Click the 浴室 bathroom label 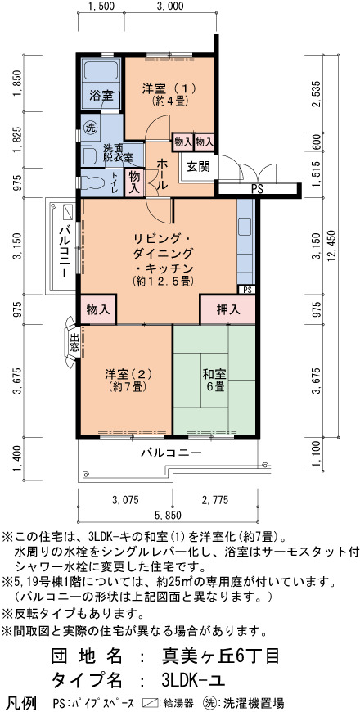(101, 96)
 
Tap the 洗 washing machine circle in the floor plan (91, 127)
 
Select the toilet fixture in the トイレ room (91, 182)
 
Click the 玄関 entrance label (198, 167)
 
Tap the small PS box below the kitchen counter (247, 290)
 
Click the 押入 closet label (227, 310)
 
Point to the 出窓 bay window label (74, 343)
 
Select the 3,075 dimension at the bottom (125, 500)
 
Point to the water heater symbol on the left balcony (68, 212)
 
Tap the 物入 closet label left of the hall (134, 183)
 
